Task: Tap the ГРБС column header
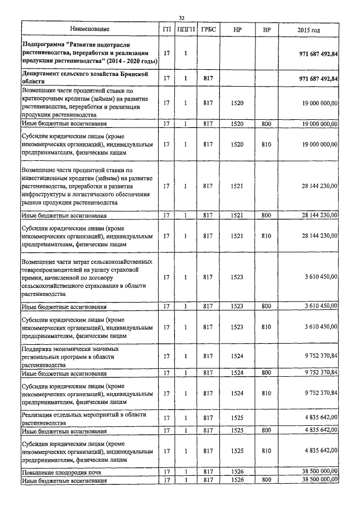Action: point(208,29)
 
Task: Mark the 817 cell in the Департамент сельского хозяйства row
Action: point(208,78)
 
